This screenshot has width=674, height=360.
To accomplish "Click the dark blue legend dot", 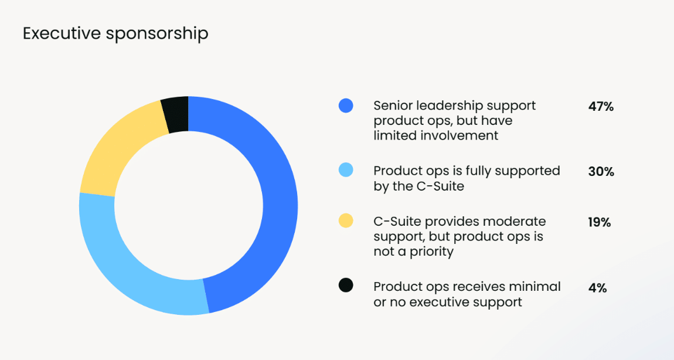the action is (346, 106).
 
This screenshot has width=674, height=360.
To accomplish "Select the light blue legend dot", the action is (346, 170).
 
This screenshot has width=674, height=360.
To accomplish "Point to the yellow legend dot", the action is (346, 220).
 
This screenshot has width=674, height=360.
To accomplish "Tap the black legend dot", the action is (346, 285).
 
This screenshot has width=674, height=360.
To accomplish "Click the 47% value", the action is (601, 107).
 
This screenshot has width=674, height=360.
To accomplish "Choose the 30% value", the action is (601, 172).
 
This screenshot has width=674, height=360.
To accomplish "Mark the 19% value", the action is (599, 222).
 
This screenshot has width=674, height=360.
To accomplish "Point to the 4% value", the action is (597, 288).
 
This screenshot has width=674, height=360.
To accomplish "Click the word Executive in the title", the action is (62, 33).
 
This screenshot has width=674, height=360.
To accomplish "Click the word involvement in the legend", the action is (459, 135).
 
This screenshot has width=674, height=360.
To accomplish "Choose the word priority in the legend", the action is (431, 252).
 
